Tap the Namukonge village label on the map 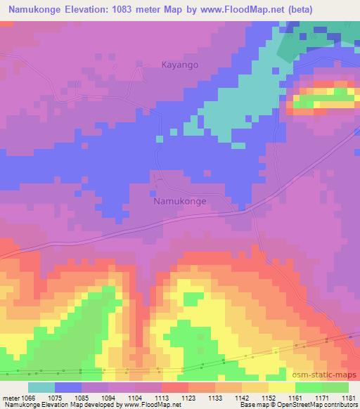point(180,201)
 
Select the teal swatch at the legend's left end point(41,387)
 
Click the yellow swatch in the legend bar point(281,387)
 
